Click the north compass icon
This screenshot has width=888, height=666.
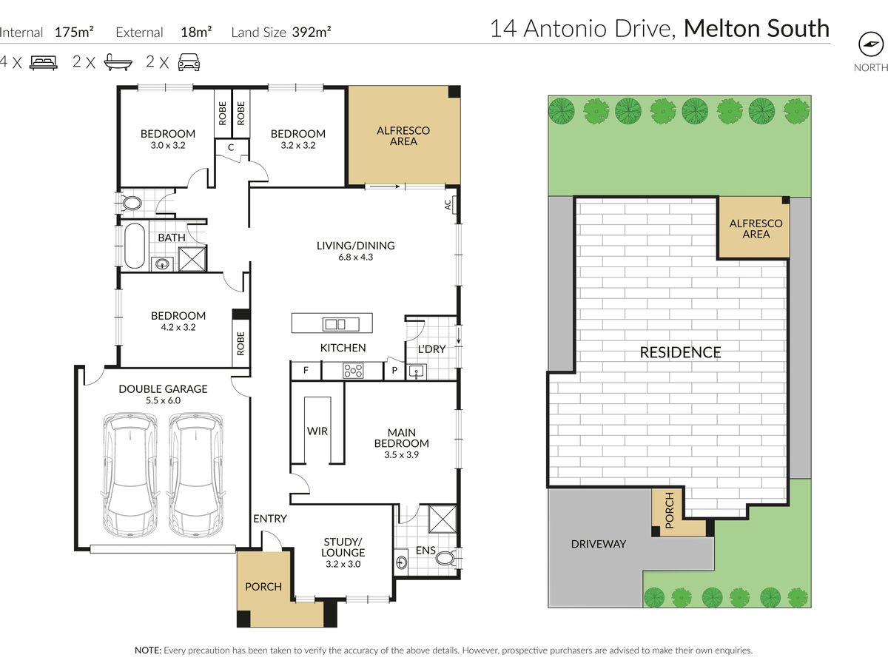tap(870, 44)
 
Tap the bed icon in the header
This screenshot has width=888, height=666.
tap(43, 63)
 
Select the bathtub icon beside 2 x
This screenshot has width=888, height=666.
tap(118, 62)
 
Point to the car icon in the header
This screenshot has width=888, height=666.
tap(189, 62)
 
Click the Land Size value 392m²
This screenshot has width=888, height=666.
tap(312, 32)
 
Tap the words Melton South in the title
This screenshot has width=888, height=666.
tap(756, 28)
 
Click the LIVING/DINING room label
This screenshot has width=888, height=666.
tap(356, 246)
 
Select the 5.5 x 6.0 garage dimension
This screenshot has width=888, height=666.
tap(163, 400)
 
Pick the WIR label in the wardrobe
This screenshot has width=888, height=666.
tap(317, 431)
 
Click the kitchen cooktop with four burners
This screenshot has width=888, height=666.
tap(353, 371)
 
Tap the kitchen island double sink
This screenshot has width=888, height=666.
tap(335, 324)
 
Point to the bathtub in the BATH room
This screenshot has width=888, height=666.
tap(135, 246)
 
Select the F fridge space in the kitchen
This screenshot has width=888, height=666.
tap(306, 370)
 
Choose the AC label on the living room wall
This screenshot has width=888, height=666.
tap(448, 205)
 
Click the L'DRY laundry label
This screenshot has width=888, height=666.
tap(431, 349)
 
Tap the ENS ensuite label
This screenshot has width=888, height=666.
tap(425, 550)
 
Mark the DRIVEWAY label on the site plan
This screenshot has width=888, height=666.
tap(599, 544)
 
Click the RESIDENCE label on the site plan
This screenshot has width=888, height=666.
tap(680, 352)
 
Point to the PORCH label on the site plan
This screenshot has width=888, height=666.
tap(670, 511)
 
